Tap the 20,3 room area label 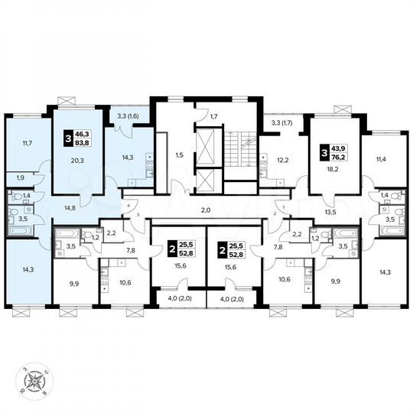(76, 161)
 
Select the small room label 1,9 (21, 177)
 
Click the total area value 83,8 (83, 142)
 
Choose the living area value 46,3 (83, 133)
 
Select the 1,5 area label (179, 155)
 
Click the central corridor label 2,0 (206, 210)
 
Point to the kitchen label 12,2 (281, 159)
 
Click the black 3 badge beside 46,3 (67, 138)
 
